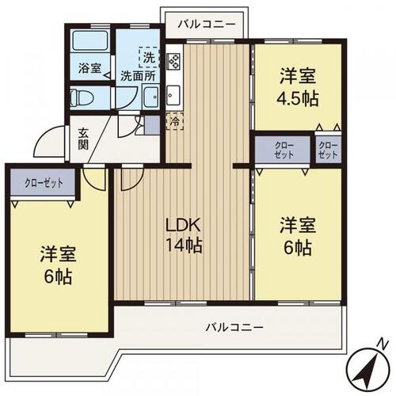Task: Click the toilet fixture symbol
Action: coord(82,97)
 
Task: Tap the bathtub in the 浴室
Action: coord(90,40)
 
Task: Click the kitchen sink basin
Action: coord(173,94)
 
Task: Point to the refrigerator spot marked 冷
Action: coord(174,121)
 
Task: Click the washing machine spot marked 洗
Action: coord(149,57)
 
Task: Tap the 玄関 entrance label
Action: coord(83,139)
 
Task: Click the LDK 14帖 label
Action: coord(184,235)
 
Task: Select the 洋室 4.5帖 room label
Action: coord(298,86)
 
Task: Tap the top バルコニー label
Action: coord(207,25)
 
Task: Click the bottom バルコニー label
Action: coord(234,327)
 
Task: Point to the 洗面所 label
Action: coord(138,76)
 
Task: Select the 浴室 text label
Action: coord(89,68)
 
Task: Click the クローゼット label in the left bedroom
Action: coord(44,183)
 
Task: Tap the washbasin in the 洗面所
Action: coord(150,97)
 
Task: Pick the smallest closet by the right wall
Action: coord(329,150)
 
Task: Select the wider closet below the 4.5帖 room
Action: coord(282,150)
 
